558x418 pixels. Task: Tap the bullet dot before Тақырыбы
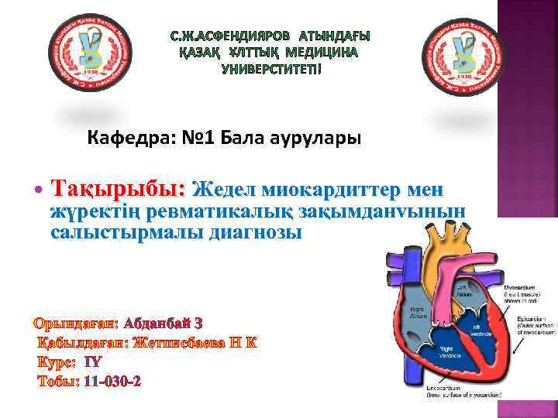coord(38,189)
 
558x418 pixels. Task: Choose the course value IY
coord(92,361)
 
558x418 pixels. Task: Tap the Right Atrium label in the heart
coord(418,313)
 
